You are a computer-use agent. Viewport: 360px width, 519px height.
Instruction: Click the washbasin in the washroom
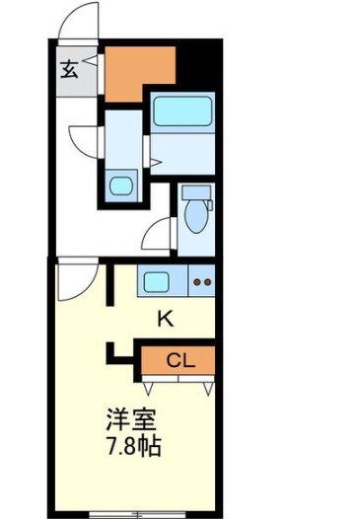(x=122, y=184)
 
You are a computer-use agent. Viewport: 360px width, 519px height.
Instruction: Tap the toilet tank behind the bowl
(x=198, y=192)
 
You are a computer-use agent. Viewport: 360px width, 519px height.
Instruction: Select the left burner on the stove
(x=196, y=283)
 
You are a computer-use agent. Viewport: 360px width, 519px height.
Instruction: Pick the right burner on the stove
(x=206, y=283)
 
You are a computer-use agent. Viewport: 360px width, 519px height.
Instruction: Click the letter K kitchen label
(x=166, y=318)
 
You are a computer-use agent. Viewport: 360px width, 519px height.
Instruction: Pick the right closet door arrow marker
(x=208, y=387)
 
